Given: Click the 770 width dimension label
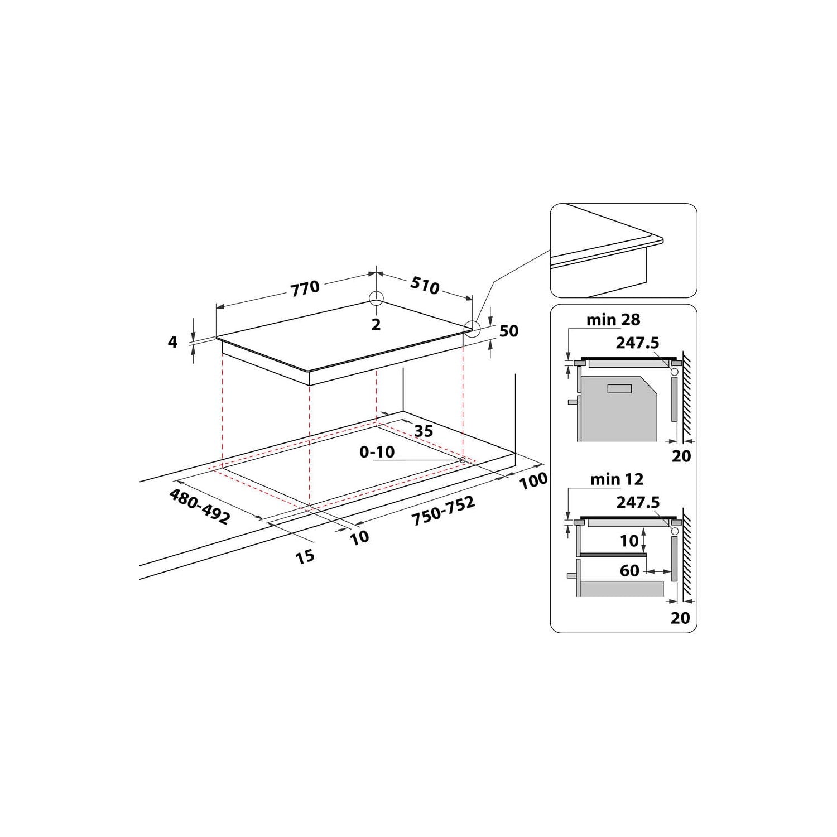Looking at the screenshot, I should (x=305, y=288).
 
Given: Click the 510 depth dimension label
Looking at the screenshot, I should (x=425, y=285).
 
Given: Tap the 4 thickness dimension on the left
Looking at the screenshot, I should (x=173, y=341).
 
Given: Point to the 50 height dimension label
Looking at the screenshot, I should (x=508, y=331).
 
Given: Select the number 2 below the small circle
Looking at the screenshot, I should (x=376, y=324).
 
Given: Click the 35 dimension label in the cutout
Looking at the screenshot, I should (x=424, y=431).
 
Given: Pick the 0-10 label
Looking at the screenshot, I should (x=377, y=452).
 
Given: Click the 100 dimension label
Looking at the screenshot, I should (x=533, y=480).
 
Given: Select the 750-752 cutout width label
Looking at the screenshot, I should (x=443, y=511).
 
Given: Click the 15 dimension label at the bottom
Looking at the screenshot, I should (x=305, y=556).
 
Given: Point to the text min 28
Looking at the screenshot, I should (x=613, y=320).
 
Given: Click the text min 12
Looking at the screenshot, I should (x=617, y=479).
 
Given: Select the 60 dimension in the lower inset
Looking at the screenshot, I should (x=629, y=570).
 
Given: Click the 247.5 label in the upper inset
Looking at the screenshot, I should (x=637, y=343).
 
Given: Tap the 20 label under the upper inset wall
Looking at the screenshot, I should (x=681, y=456).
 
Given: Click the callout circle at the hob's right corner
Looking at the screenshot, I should (x=472, y=329).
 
